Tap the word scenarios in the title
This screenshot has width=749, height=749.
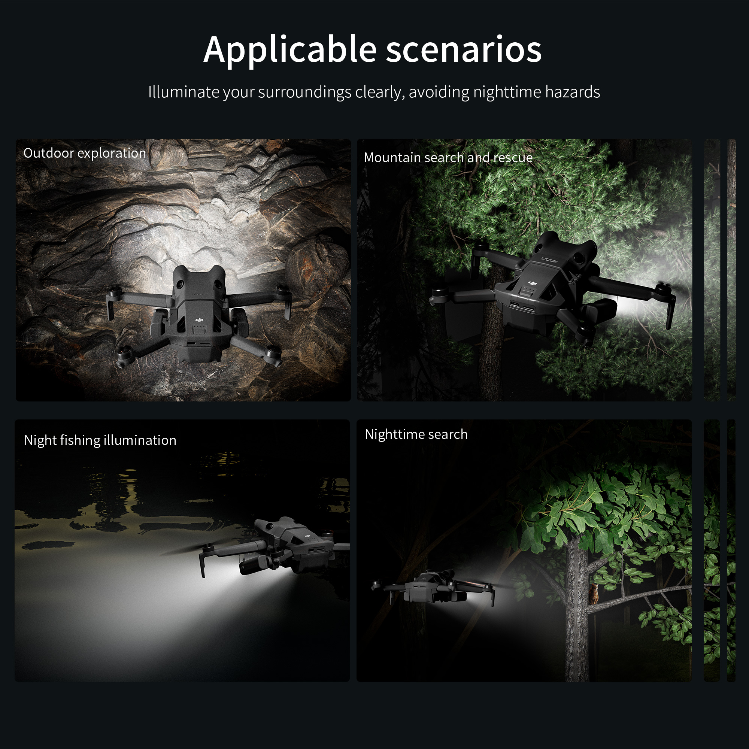pyautogui.click(x=464, y=50)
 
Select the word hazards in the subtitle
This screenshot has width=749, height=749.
pyautogui.click(x=573, y=92)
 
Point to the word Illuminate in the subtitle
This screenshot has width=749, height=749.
pyautogui.click(x=184, y=92)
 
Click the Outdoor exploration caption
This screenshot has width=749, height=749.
pyautogui.click(x=85, y=153)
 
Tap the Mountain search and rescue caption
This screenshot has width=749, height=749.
pyautogui.click(x=448, y=157)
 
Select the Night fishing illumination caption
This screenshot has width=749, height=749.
pyautogui.click(x=100, y=440)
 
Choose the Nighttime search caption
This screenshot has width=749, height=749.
pyautogui.click(x=416, y=434)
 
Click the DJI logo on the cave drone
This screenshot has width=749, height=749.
pyautogui.click(x=199, y=319)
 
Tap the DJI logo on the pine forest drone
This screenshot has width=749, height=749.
pyautogui.click(x=532, y=283)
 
